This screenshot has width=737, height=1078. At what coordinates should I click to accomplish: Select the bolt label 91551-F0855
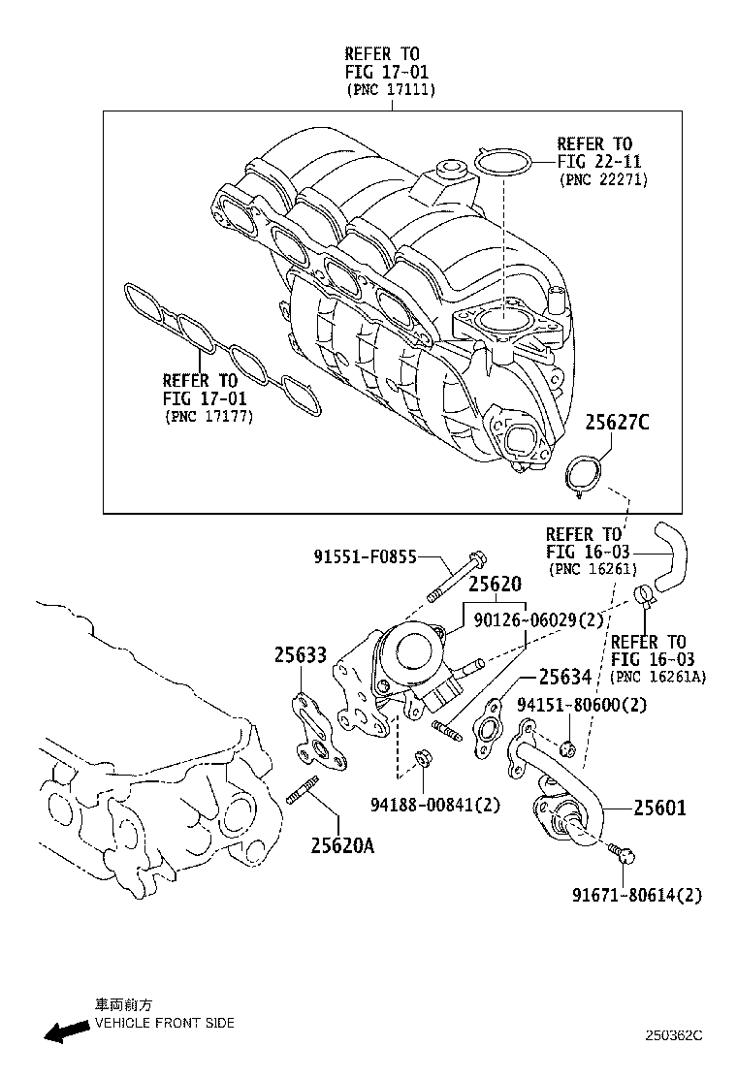point(365,556)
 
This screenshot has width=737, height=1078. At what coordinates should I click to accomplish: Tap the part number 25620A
point(342,845)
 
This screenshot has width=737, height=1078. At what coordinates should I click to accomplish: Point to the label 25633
point(300,655)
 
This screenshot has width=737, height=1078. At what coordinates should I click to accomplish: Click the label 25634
point(565,678)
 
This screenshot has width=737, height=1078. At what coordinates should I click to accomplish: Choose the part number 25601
point(659,807)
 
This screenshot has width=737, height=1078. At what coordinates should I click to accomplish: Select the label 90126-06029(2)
point(538,619)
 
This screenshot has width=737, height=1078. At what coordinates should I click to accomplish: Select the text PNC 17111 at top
point(392,90)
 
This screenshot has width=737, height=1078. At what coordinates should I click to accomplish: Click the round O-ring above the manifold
point(502,163)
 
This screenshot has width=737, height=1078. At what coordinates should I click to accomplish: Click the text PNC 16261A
point(657,678)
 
